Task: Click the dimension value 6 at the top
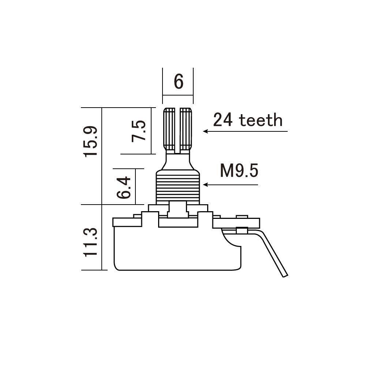[179, 82]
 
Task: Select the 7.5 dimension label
[138, 131]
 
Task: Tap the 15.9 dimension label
[90, 141]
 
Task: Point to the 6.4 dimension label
[124, 188]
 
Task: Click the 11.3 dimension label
[90, 242]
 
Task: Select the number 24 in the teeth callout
[223, 120]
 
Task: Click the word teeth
[261, 120]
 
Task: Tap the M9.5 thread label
[239, 171]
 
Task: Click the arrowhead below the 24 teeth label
[205, 131]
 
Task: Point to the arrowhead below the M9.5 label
[205, 184]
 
